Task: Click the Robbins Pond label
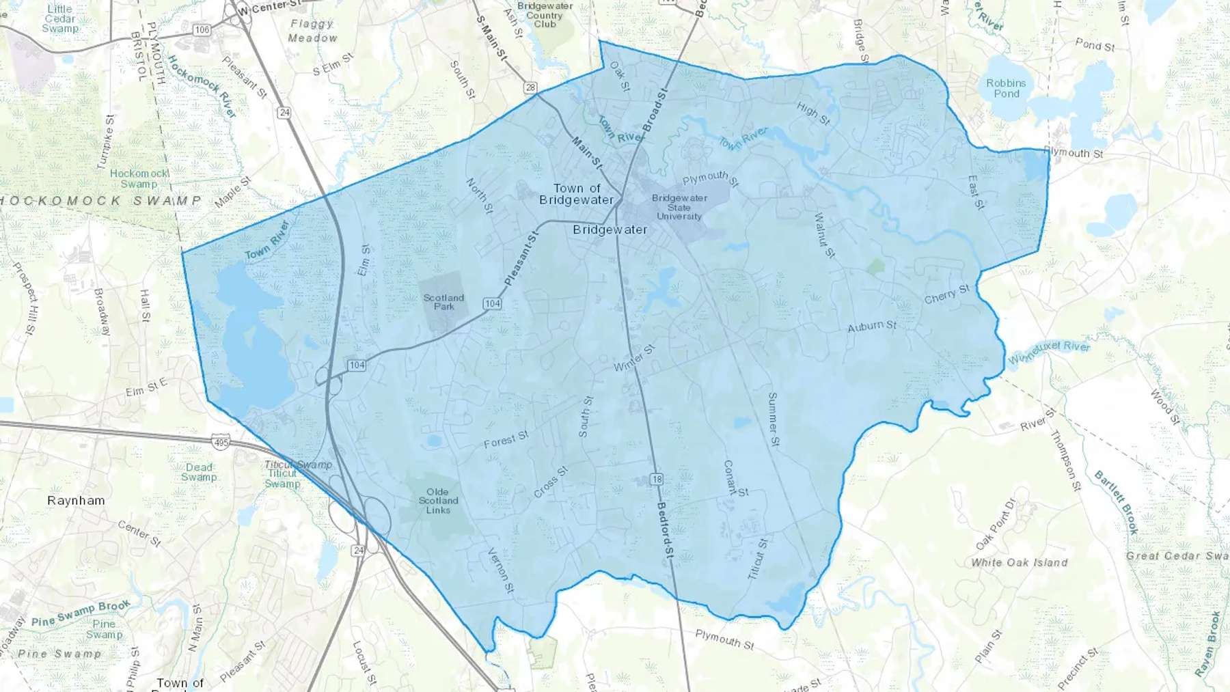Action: click(x=1006, y=88)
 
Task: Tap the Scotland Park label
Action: click(x=443, y=302)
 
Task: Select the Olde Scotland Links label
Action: click(x=438, y=501)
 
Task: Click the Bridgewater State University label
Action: click(x=679, y=207)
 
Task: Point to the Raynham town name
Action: click(x=76, y=501)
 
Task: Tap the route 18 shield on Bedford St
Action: click(x=657, y=479)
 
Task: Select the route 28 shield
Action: click(x=530, y=87)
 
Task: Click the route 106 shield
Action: click(x=202, y=30)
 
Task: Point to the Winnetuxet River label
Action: click(x=1049, y=351)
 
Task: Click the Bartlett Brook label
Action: click(x=1117, y=501)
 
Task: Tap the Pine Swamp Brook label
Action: click(x=81, y=613)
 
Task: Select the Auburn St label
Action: click(x=872, y=327)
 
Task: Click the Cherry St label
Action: click(x=946, y=294)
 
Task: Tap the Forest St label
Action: click(x=506, y=439)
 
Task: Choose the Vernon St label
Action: click(x=500, y=570)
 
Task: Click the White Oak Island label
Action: click(x=1019, y=563)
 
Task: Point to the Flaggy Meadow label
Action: click(x=312, y=31)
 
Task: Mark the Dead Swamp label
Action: click(x=199, y=472)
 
